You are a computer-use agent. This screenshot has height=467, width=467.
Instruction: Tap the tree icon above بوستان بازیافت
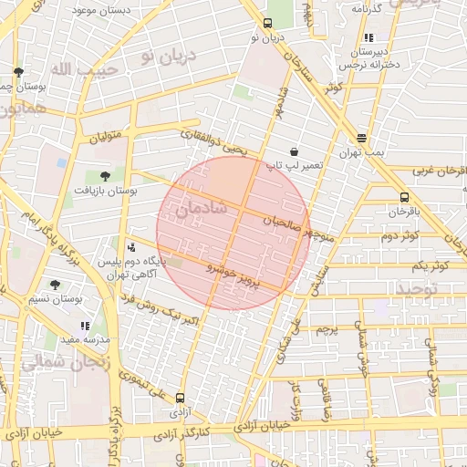point(105,175)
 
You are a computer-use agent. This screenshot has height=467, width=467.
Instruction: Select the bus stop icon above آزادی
point(181,398)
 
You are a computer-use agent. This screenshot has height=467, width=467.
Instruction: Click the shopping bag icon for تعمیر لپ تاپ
point(294,151)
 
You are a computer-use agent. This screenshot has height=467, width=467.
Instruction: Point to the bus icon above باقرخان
point(403,197)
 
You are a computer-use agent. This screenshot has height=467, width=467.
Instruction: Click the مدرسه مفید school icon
point(85,326)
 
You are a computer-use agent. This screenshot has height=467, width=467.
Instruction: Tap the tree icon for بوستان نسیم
point(55,285)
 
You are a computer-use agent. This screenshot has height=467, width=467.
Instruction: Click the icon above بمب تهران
point(362,138)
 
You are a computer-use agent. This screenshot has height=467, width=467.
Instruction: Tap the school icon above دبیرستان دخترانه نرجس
point(368,37)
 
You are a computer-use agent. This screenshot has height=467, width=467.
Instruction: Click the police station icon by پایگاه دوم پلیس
point(132,246)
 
